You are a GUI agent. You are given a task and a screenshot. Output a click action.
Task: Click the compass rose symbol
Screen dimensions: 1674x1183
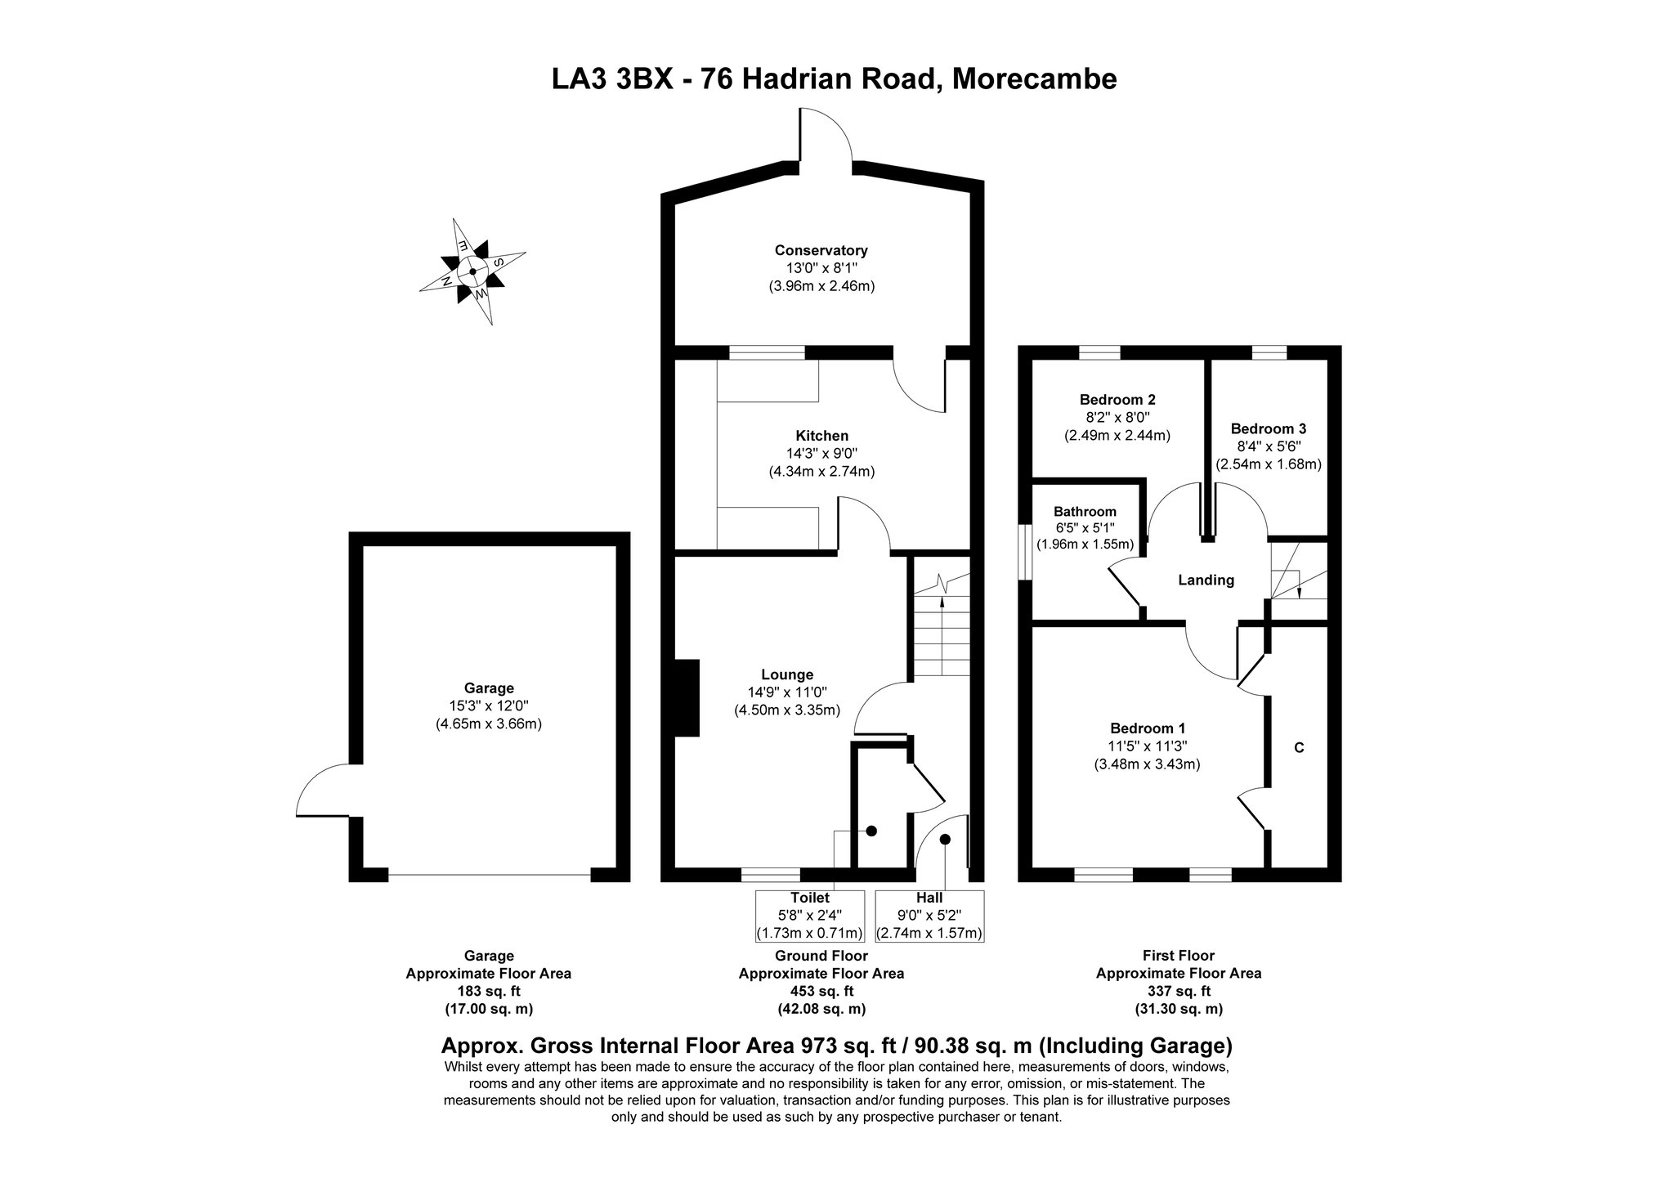pos(472,271)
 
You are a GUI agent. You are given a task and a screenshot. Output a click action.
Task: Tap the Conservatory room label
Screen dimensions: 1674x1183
pos(821,251)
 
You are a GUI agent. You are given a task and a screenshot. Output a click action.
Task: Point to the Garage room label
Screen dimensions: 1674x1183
pos(489,688)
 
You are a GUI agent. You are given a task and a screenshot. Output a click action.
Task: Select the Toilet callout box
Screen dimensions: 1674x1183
pos(809,916)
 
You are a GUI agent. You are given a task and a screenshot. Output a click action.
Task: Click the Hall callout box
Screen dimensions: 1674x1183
pos(929,916)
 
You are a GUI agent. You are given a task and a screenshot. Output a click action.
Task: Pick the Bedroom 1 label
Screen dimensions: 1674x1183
pos(1148,728)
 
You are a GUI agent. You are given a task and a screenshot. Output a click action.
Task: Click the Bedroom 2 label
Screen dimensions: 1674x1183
pos(1117,400)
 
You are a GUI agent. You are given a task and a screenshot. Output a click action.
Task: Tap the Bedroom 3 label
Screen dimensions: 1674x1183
pos(1269,428)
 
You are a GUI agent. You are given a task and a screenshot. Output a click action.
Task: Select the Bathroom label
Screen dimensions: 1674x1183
pos(1085,512)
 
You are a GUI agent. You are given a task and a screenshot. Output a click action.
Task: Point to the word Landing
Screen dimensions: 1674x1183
pos(1206,580)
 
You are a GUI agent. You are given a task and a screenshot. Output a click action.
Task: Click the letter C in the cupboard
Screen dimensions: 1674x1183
pos(1299,747)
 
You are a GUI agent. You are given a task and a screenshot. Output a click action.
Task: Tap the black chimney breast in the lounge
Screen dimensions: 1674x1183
pos(687,697)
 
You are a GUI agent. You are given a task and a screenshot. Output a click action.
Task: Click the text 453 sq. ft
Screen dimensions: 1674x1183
pos(821,991)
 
